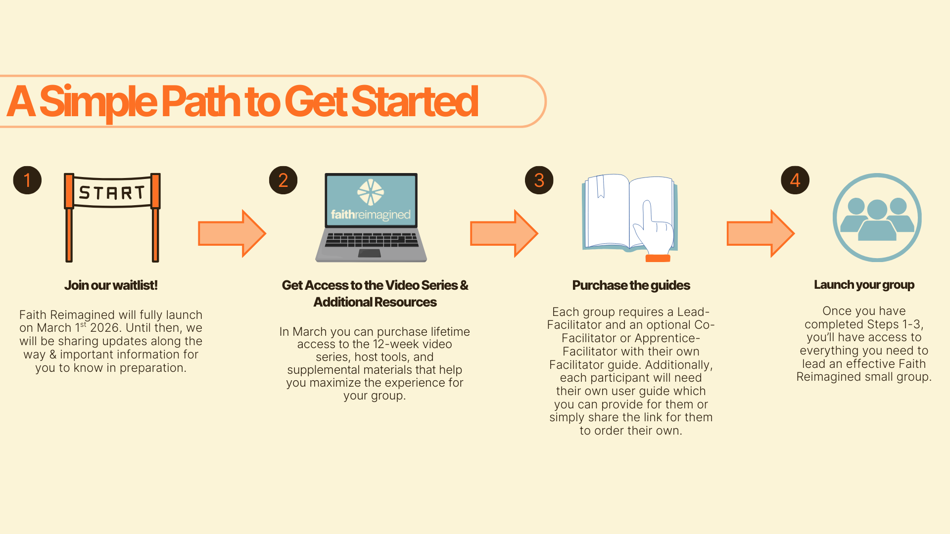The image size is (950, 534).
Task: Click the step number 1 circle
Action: point(27,180)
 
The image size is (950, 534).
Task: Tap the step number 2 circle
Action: point(283,180)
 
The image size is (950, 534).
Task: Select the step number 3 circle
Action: point(539,180)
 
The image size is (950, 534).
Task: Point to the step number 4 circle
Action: point(795,180)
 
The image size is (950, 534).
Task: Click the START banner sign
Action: point(112,192)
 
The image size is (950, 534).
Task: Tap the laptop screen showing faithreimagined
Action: point(371,200)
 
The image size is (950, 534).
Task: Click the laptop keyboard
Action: point(371,240)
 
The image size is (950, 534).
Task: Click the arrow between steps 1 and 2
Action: point(232,233)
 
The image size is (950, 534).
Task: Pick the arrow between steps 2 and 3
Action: point(504,233)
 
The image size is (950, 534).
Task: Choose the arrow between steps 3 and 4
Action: point(760,233)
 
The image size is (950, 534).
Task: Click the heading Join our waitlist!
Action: point(111,285)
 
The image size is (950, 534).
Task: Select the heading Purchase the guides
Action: point(631,285)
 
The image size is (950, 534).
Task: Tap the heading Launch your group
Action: point(864,285)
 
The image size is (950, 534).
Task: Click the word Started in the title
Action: point(415,101)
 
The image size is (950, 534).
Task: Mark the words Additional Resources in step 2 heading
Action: point(375,302)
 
